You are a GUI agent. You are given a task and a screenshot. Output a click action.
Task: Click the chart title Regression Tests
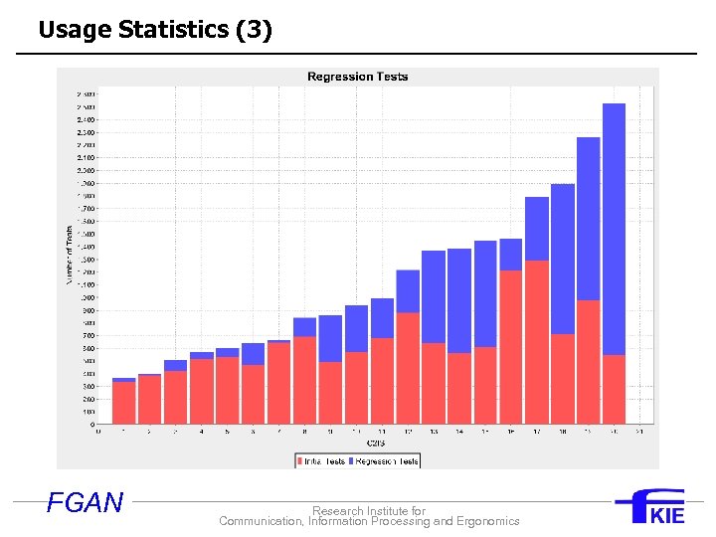(x=357, y=77)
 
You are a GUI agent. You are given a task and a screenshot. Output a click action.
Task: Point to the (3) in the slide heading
(x=254, y=30)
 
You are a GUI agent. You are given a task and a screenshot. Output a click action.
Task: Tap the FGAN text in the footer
(x=85, y=503)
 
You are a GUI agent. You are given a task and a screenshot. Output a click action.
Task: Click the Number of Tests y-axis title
(x=70, y=254)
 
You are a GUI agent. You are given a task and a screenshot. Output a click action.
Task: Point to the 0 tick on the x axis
(x=97, y=432)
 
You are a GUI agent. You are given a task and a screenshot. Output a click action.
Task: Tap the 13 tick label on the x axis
(x=434, y=432)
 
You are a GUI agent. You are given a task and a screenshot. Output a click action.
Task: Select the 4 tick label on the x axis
(x=202, y=432)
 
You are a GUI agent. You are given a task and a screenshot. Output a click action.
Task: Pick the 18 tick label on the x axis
(x=563, y=432)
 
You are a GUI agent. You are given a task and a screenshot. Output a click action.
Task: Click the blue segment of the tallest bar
(x=614, y=229)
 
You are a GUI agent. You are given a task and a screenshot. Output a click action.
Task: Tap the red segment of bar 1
(x=124, y=403)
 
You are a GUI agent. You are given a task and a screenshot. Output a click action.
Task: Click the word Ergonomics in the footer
(x=487, y=521)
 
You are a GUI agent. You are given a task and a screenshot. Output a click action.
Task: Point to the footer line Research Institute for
(x=369, y=511)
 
